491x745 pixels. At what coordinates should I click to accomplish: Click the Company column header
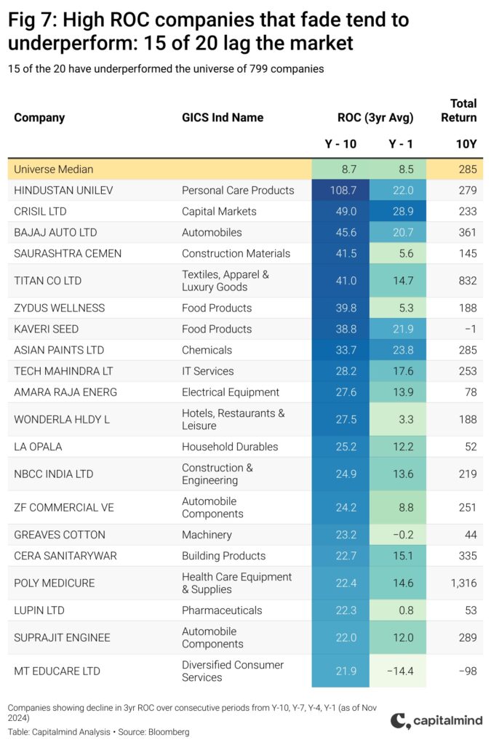39,118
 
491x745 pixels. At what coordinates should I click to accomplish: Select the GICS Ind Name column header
223,117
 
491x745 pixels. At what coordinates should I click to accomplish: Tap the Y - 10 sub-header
340,144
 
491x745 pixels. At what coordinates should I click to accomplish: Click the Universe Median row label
54,169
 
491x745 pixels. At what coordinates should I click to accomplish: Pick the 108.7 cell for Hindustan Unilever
343,191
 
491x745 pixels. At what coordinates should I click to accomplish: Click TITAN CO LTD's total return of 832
468,281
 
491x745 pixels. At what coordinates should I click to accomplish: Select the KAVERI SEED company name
46,329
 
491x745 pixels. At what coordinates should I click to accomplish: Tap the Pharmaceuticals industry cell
222,610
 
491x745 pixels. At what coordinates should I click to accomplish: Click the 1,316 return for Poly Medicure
463,583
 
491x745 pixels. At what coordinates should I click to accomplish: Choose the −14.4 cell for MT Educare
400,671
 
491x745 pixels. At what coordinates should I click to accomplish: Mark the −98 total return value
468,671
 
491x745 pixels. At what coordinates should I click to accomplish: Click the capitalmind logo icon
400,721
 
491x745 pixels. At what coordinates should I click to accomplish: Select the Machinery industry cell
207,535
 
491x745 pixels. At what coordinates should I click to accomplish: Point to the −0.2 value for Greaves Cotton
403,535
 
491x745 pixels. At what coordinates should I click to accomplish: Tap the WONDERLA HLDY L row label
62,420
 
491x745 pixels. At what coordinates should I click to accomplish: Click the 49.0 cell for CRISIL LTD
346,212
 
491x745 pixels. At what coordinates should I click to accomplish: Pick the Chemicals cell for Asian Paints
207,350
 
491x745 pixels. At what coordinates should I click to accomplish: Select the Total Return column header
459,111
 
